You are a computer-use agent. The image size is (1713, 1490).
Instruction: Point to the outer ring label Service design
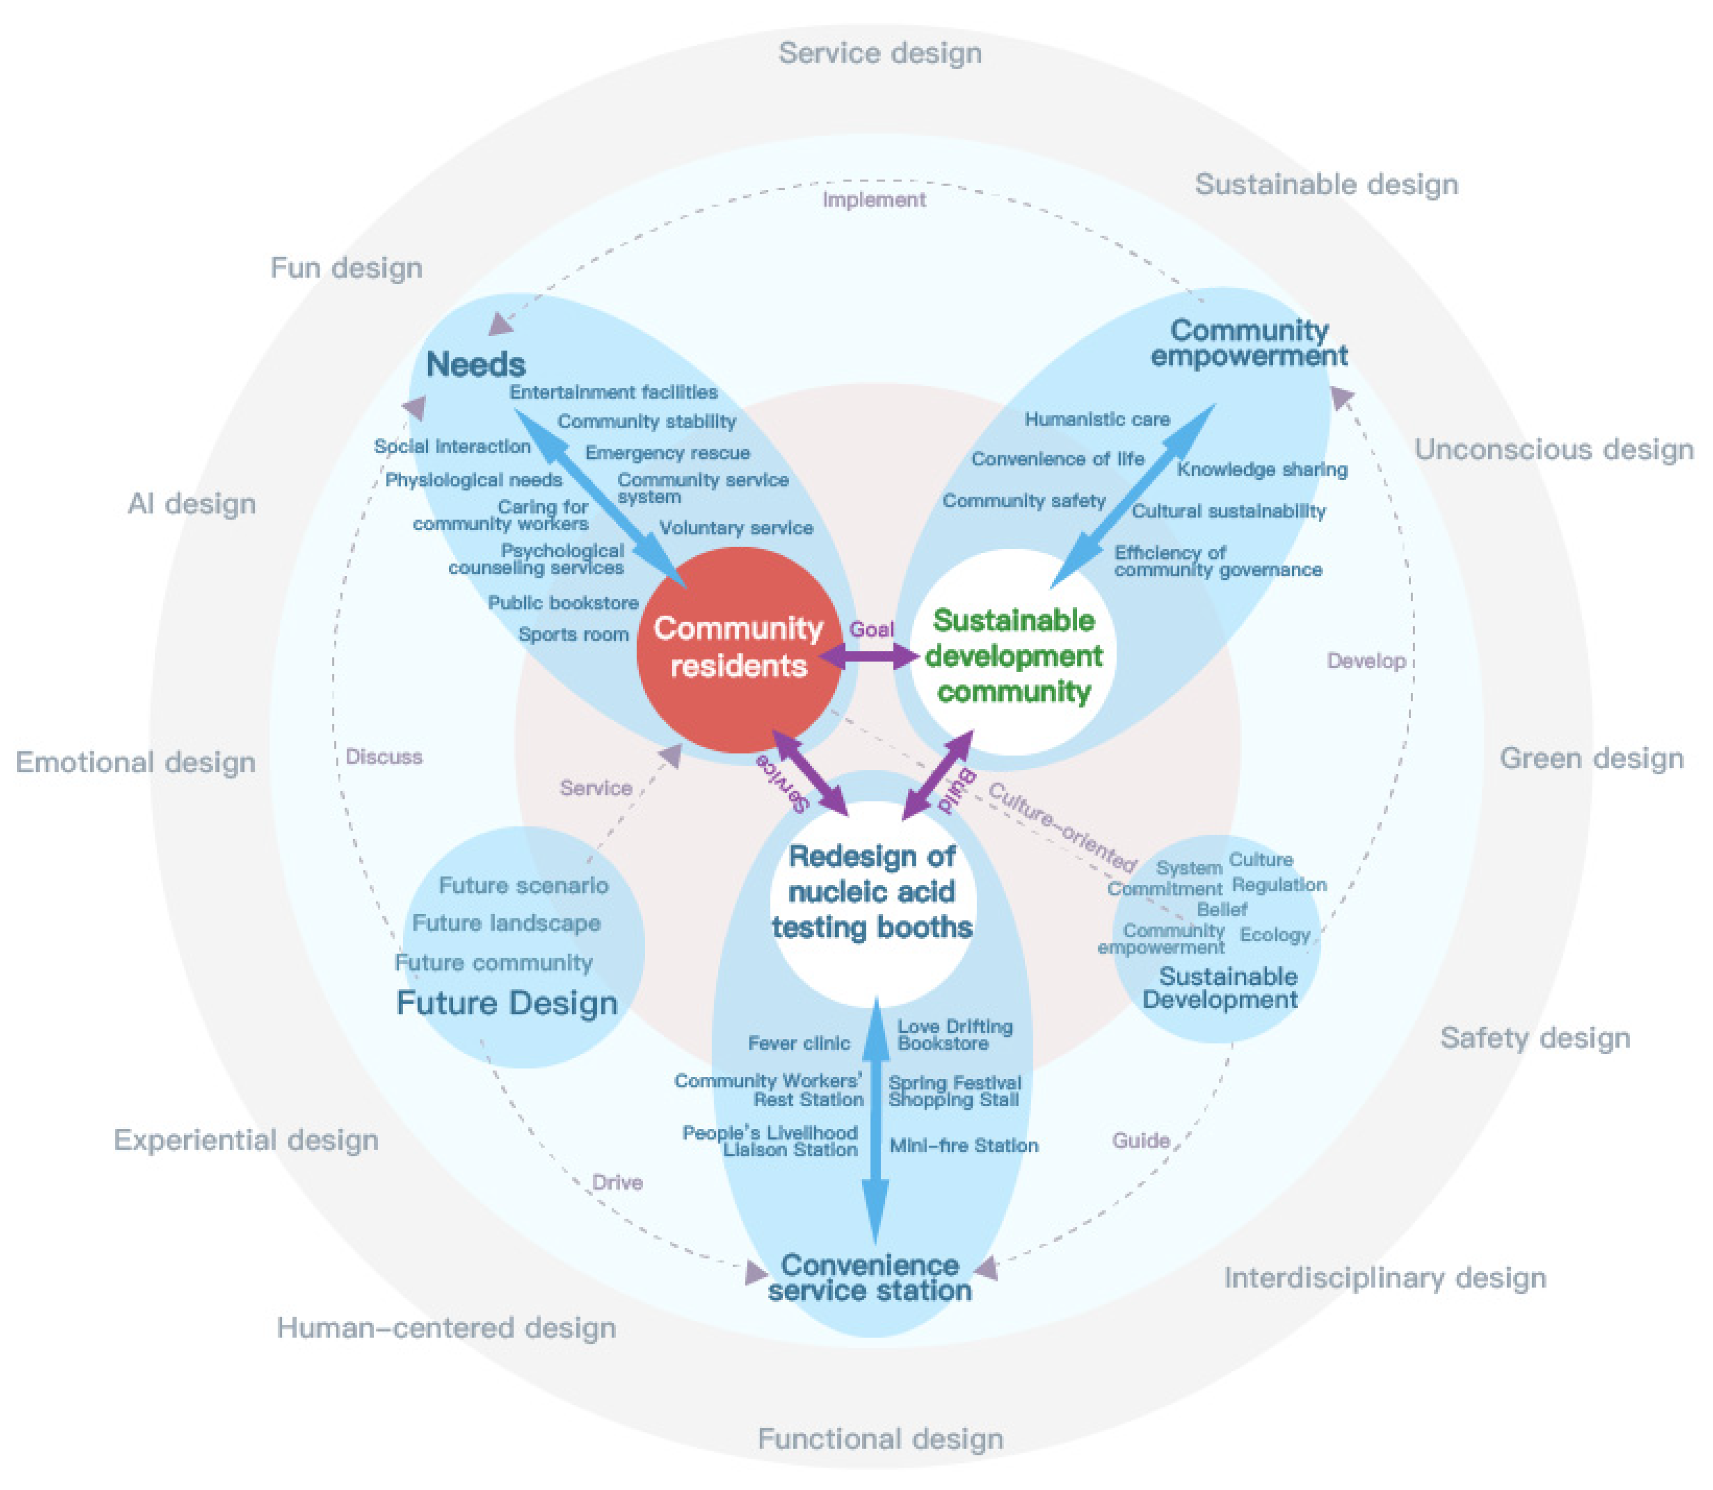pyautogui.click(x=880, y=53)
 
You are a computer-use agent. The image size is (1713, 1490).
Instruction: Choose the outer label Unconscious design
pyautogui.click(x=1553, y=450)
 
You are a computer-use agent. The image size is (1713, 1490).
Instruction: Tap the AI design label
pyautogui.click(x=191, y=504)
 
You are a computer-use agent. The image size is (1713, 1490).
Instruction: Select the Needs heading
pyautogui.click(x=475, y=365)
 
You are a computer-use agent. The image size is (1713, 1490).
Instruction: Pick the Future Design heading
pyautogui.click(x=506, y=1003)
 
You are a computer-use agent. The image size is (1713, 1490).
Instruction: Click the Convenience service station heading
pyautogui.click(x=870, y=1278)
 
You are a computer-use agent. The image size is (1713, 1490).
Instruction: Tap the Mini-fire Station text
pyautogui.click(x=963, y=1146)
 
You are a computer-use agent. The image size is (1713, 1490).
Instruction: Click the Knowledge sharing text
pyautogui.click(x=1261, y=470)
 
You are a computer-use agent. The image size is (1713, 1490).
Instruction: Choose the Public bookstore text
pyautogui.click(x=563, y=604)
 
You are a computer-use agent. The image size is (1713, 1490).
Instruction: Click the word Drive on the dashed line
pyautogui.click(x=617, y=1182)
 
